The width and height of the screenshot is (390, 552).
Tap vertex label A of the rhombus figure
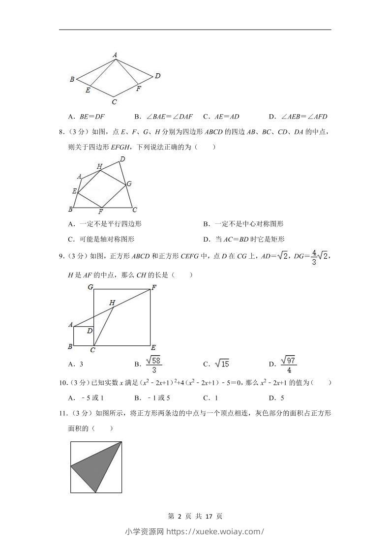pos(115,55)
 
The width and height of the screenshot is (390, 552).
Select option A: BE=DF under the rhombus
pos(87,117)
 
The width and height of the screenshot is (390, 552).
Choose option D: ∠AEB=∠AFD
pos(298,117)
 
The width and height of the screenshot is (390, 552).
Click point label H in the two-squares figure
pos(112,303)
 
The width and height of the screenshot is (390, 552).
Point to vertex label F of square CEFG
pos(153,287)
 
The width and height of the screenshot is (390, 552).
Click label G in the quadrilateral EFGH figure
pos(129,184)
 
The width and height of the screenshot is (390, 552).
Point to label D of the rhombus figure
pos(158,76)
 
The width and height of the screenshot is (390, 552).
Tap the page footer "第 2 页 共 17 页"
pos(195,516)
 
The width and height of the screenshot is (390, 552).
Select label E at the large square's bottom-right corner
pos(153,347)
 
